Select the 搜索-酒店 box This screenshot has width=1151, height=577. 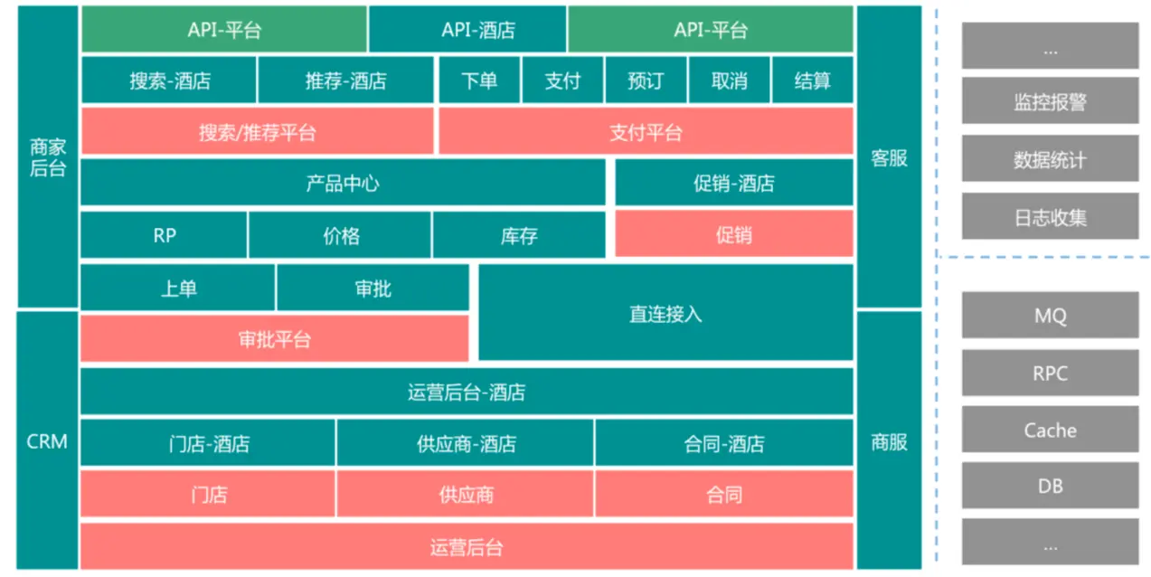[x=169, y=80]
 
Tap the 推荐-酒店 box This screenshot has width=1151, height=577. [x=346, y=80]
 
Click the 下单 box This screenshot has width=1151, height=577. [x=479, y=80]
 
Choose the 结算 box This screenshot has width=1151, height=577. [x=812, y=80]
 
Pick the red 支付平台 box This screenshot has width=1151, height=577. [x=646, y=132]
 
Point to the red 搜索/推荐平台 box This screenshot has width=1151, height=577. [x=258, y=132]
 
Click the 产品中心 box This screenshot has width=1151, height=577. [x=343, y=184]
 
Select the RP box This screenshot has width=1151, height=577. [x=164, y=236]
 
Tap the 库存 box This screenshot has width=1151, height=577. [x=519, y=236]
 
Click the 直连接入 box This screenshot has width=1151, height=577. [x=665, y=314]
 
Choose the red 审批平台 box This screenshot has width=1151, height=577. [x=274, y=339]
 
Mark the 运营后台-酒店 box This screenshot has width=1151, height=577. [x=467, y=392]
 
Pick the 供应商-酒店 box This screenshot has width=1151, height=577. [x=466, y=443]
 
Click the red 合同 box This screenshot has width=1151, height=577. [x=723, y=495]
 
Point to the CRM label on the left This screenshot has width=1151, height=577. [x=47, y=441]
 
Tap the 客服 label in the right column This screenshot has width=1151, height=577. [x=889, y=158]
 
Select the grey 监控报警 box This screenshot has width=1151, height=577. [x=1050, y=102]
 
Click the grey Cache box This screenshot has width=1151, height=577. [x=1050, y=430]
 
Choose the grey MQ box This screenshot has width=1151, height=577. [x=1050, y=316]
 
